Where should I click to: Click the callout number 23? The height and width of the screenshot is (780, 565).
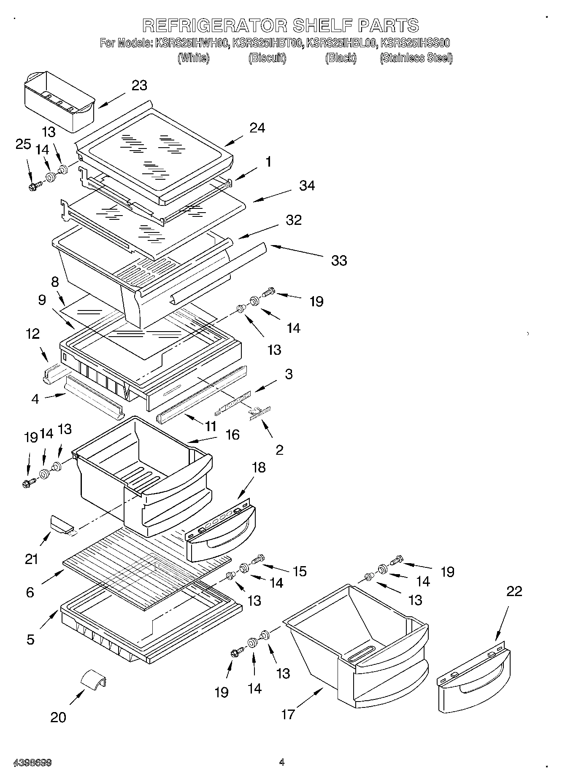coord(139,85)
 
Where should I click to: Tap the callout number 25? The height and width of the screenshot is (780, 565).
coord(23,144)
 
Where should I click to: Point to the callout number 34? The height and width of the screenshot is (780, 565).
coord(307,185)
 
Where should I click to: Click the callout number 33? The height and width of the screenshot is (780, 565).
coord(339,260)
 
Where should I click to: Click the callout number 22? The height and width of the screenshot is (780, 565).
coord(514,591)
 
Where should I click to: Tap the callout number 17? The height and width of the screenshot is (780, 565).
coord(288,714)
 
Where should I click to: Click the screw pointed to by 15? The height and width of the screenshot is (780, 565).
coord(257,559)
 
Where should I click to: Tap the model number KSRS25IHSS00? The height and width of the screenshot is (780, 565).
coord(415,43)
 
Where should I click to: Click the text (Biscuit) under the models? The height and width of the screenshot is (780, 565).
coord(267,58)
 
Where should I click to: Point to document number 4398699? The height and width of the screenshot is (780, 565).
coord(32,762)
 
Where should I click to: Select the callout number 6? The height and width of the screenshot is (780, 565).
coord(30,592)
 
